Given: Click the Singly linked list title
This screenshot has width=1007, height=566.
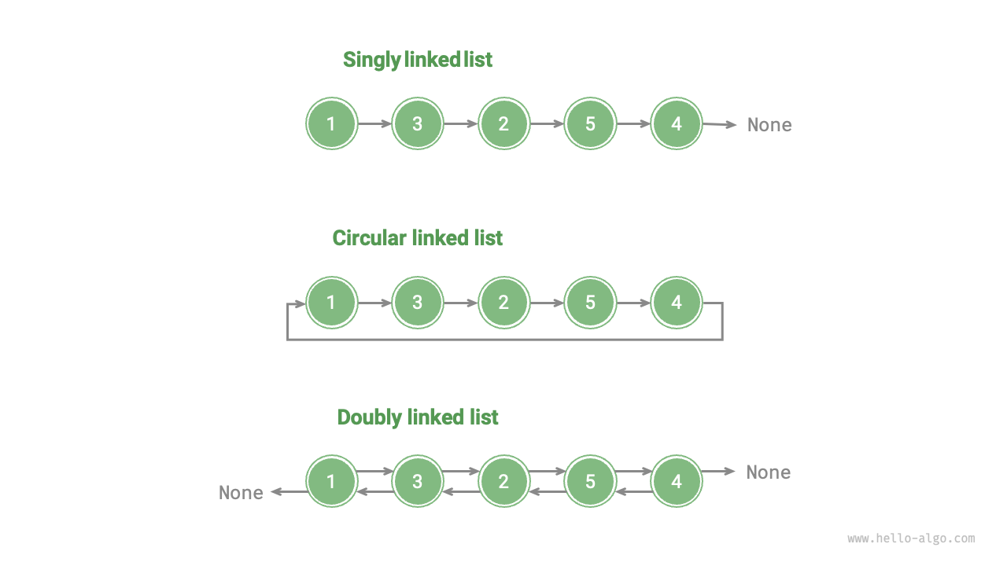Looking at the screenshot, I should (x=418, y=60).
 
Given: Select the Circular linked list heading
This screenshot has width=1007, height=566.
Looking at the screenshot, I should (x=418, y=238).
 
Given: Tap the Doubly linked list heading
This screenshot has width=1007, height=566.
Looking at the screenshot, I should (x=418, y=417).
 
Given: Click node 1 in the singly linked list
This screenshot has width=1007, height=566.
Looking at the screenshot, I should (x=331, y=123).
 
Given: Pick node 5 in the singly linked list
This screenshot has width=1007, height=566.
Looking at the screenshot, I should (x=590, y=123).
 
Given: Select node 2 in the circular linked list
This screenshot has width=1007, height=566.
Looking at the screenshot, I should (x=503, y=303).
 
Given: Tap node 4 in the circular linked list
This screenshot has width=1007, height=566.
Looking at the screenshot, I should (x=677, y=303).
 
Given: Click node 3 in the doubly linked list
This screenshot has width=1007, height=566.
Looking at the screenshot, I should (x=418, y=481).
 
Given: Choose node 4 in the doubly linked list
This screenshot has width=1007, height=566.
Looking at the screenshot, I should (x=677, y=481).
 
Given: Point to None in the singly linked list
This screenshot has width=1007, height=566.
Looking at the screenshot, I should (x=769, y=125).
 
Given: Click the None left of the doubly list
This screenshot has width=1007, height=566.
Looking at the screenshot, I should (x=241, y=493).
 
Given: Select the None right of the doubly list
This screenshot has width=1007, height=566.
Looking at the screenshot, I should (x=769, y=472).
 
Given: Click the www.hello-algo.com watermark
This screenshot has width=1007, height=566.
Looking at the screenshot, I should (x=911, y=539).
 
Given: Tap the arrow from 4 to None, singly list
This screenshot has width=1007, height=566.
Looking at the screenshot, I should (x=719, y=124).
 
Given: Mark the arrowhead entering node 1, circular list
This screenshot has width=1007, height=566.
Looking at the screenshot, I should (x=300, y=303).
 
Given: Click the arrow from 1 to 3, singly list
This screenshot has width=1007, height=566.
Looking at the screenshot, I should (x=374, y=123).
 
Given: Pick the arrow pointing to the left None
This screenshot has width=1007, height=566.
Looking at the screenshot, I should (x=289, y=492).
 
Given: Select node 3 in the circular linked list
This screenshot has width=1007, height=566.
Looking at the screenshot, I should (x=418, y=303).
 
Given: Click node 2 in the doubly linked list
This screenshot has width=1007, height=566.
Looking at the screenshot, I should (x=503, y=481).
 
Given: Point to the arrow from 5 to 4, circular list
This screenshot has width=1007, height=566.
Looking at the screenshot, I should (x=633, y=303).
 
